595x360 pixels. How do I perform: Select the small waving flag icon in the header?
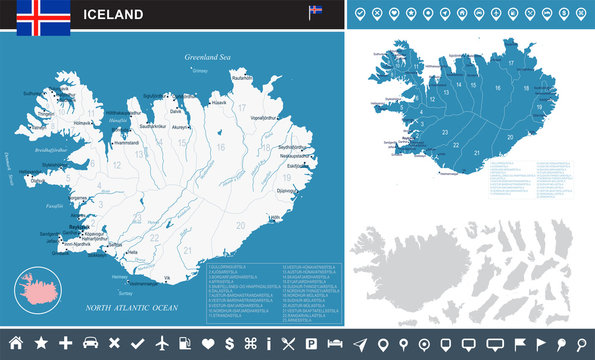316,12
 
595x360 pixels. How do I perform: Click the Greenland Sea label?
207,59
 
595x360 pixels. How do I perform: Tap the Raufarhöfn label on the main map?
242,76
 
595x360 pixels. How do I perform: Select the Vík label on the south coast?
168,275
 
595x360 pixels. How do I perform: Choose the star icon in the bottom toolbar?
41,343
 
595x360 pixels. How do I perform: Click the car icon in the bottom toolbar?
90,343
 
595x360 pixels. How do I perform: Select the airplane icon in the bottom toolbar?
163,343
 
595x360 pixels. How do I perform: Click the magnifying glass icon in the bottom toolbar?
579,343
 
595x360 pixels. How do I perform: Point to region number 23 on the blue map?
442,131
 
